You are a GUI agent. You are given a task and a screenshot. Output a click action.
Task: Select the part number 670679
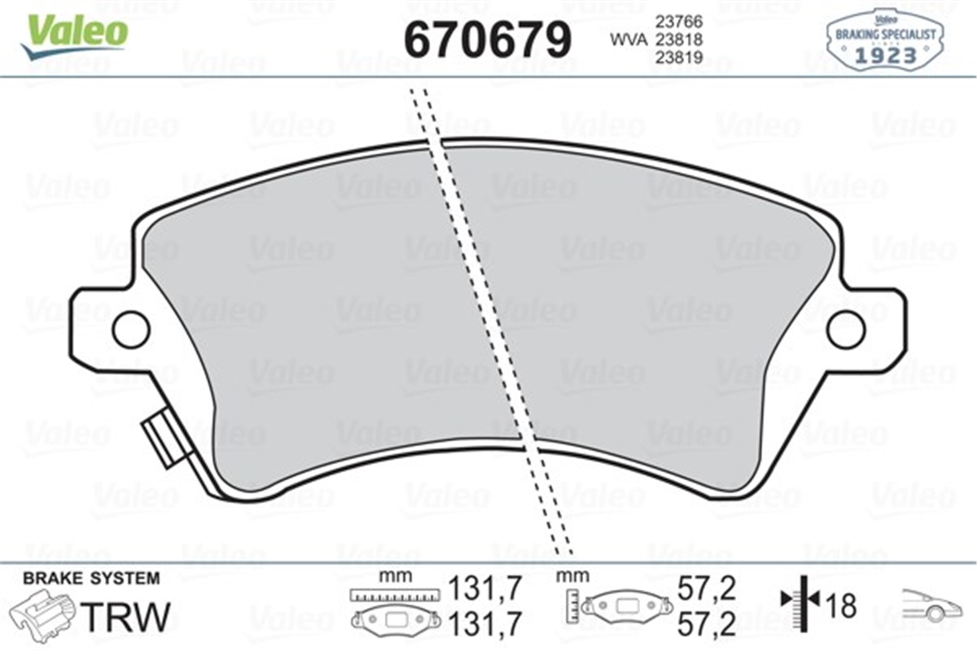(x=488, y=38)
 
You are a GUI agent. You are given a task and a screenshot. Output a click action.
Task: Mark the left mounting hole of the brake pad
(x=130, y=329)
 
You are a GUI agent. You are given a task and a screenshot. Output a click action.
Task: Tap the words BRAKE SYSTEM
(x=91, y=579)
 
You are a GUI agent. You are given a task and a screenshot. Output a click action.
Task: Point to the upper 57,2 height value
(x=707, y=588)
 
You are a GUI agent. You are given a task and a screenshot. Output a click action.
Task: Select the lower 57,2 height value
(x=707, y=624)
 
